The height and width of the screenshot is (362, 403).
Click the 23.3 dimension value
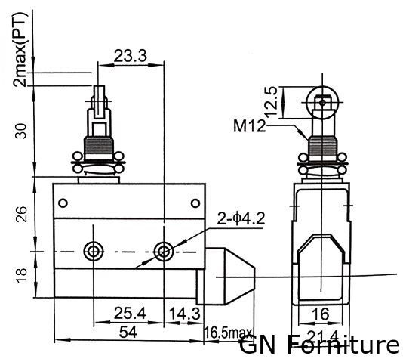pos(130,56)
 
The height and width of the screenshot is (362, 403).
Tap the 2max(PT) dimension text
pos(20,49)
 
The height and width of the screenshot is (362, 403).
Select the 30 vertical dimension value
pos(21,131)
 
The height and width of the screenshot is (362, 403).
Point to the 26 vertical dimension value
pos(21,214)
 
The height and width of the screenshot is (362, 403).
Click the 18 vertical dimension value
pos(21,276)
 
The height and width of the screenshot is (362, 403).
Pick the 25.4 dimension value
pos(130,313)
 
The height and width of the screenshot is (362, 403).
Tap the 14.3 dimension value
pos(184,314)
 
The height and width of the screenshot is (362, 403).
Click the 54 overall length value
pos(128,333)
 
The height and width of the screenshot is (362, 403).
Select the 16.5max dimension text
pos(228,333)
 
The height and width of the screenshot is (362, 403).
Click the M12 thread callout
pos(249,126)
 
